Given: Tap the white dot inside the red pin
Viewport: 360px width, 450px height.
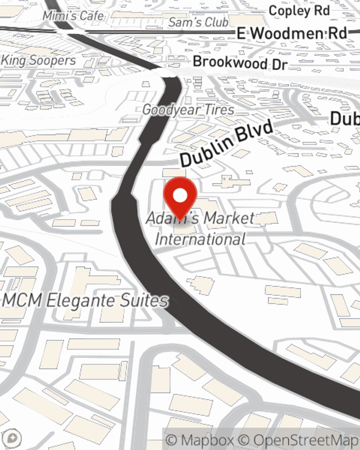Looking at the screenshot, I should [x=180, y=196].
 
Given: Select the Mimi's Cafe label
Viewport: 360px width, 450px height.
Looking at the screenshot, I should [x=73, y=16].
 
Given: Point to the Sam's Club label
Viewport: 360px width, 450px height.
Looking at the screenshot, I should [x=198, y=22].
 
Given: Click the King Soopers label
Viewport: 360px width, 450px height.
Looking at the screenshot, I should [x=39, y=60].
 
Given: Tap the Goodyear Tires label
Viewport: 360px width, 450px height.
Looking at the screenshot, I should [x=188, y=110].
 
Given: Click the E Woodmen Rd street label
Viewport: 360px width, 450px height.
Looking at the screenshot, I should [x=292, y=33].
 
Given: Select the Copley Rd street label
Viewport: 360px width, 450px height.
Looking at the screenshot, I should [x=299, y=11].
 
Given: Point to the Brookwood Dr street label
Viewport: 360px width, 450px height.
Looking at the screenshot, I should [x=240, y=63].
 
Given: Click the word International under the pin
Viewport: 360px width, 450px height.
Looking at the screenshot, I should [x=201, y=239].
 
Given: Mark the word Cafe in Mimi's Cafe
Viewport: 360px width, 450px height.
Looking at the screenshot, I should [x=91, y=16].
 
